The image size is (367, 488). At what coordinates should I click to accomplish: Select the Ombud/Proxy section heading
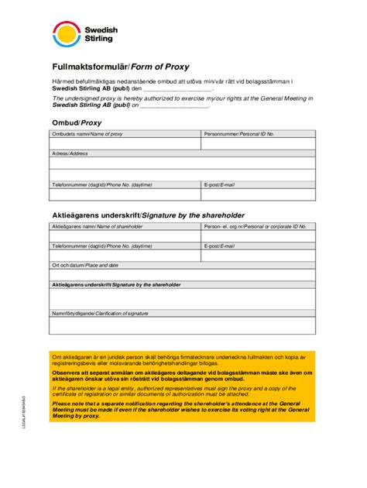coord(76,122)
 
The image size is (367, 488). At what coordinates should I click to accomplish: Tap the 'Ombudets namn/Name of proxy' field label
coord(87,134)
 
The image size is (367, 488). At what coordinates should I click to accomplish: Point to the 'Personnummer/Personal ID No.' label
coord(239,134)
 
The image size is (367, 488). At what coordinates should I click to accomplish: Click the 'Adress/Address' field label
coord(70,153)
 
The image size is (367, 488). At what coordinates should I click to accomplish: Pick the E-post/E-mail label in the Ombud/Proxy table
coord(219,185)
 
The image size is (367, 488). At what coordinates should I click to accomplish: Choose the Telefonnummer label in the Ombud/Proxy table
coord(101,185)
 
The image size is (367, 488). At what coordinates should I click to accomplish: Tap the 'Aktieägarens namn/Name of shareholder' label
coord(97,226)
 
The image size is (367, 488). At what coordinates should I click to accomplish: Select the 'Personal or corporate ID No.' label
coord(255,226)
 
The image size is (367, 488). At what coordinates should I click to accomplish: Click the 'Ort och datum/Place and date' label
coord(84,265)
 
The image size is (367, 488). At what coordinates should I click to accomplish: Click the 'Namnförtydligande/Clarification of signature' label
coord(99,313)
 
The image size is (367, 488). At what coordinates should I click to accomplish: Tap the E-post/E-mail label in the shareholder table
coord(219,246)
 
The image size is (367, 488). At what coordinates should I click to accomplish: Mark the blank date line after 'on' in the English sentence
coord(174,105)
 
